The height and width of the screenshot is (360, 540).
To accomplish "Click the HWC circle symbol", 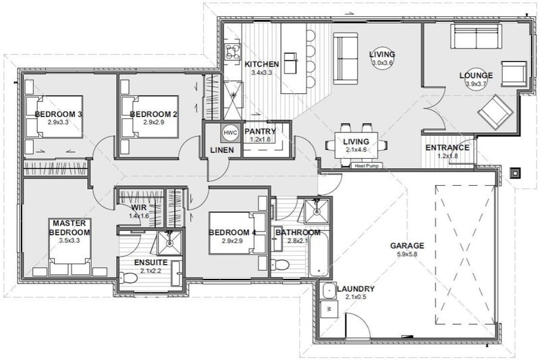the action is click(230, 132).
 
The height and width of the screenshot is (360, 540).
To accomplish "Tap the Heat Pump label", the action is click(367, 166).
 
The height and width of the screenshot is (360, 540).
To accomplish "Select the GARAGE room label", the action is click(407, 246).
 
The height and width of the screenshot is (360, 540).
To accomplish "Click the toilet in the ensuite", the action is click(128, 277).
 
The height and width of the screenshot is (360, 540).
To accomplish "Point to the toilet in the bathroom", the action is click(281, 265).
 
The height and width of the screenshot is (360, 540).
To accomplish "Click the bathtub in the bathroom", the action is click(319, 253).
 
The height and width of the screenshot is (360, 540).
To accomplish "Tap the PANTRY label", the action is click(260, 131).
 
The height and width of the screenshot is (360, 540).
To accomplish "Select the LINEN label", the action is click(222, 150).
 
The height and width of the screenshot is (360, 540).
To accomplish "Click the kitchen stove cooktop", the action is click(233, 53).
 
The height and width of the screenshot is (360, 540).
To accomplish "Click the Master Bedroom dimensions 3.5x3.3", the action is click(70, 240).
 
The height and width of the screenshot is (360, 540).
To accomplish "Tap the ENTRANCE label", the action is click(448, 148).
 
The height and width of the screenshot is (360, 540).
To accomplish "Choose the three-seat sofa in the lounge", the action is click(476, 36).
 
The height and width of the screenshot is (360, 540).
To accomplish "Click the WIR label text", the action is click(139, 208).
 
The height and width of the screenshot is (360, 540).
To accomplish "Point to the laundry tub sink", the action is click(329, 290).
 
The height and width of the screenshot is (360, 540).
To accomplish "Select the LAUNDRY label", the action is click(356, 289).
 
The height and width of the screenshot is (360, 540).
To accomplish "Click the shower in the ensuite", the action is click(169, 243).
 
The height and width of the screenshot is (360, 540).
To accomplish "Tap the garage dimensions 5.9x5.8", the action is click(407, 254).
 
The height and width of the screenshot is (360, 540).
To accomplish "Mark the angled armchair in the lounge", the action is click(495, 112).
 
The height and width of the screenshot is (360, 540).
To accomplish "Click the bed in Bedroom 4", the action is click(238, 233).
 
